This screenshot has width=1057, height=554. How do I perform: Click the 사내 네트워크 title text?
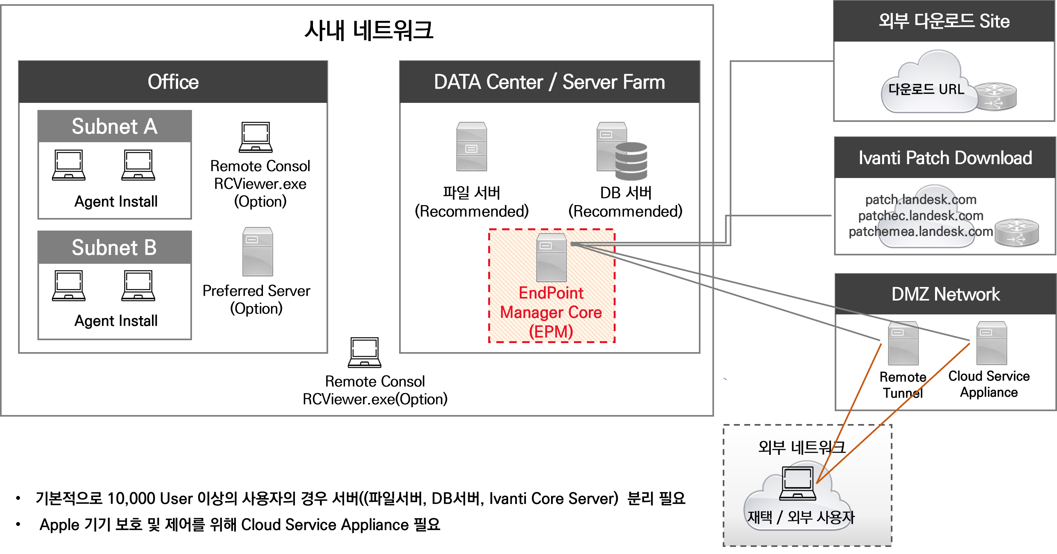click(x=368, y=30)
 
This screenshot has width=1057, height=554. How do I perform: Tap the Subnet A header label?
click(x=115, y=126)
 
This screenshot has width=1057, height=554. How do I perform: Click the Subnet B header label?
click(x=115, y=247)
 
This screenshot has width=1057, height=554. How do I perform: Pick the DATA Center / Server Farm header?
click(x=549, y=82)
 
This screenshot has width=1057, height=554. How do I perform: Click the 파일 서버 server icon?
click(x=471, y=146)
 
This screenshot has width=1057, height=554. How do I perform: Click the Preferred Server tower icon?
click(x=257, y=252)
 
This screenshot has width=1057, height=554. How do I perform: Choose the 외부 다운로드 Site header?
click(x=944, y=21)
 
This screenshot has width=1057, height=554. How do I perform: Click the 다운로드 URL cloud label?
click(x=926, y=89)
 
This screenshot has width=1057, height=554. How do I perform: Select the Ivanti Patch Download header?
click(x=945, y=158)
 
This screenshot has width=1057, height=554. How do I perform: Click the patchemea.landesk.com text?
click(x=921, y=232)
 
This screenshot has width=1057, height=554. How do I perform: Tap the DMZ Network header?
click(x=945, y=294)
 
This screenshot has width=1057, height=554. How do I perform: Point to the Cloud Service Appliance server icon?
click(x=992, y=343)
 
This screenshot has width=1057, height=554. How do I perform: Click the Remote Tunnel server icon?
click(x=903, y=343)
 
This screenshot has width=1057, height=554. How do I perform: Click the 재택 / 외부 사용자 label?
click(x=800, y=517)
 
